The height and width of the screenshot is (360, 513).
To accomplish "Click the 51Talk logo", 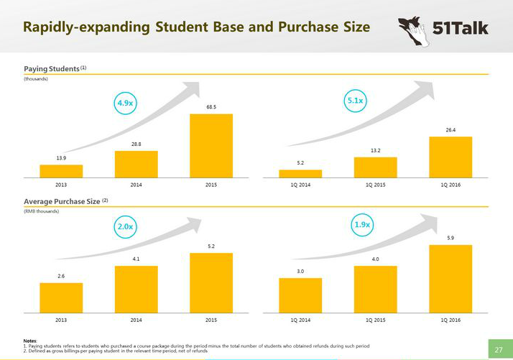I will point(443,29).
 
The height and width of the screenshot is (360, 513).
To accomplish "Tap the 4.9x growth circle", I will point(125,103).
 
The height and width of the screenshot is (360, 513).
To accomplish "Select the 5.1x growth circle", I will point(354,101).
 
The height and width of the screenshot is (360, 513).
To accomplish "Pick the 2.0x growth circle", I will point(125,226).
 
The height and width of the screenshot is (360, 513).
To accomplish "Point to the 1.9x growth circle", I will point(363,225).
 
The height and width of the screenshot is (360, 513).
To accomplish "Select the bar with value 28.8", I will point(136,164).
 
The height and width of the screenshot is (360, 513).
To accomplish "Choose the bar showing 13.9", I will point(61,171).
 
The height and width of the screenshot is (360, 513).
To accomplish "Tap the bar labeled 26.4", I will point(450,157).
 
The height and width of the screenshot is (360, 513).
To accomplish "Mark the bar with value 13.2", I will point(375,167).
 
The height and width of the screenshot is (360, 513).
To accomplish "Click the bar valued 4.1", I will point(136,289).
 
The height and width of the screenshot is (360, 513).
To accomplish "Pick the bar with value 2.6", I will point(61,297).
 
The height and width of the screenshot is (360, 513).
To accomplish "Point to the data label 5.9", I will point(450,238).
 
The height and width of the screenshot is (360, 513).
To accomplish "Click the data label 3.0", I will point(300,271).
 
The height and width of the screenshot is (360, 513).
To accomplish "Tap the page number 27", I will point(499,350).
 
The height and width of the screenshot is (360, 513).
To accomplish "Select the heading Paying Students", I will point(51,68).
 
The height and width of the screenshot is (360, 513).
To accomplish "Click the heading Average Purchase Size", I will point(62,201).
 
